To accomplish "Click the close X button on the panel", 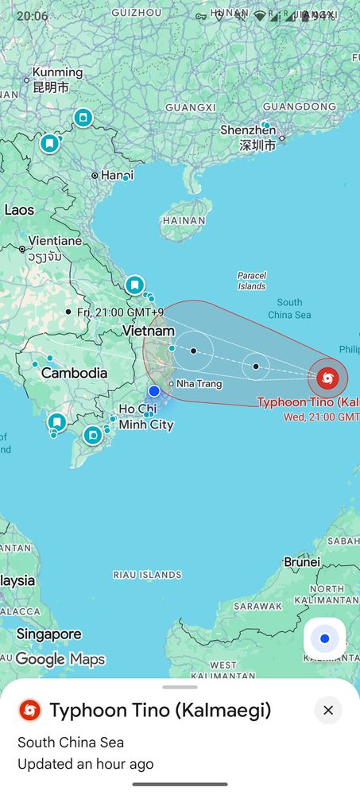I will point(327,710).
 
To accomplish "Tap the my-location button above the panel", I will point(324,638).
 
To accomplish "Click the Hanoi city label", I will point(117,175).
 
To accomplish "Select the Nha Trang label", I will point(199,384).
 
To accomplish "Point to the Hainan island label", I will point(184,220).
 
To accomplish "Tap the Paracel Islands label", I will point(251,281).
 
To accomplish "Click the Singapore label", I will point(48,634).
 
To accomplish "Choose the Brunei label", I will point(302,562).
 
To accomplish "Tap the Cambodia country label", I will point(74,373).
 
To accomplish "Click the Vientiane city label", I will point(55,241).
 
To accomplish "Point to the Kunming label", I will point(56,73).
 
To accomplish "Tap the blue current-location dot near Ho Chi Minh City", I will point(154,390).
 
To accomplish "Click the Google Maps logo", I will point(60,659).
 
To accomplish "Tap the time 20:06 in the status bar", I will point(32,16).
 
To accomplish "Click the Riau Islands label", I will point(148,574).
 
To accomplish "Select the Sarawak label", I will point(257,606).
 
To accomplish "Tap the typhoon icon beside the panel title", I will point(30,710).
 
